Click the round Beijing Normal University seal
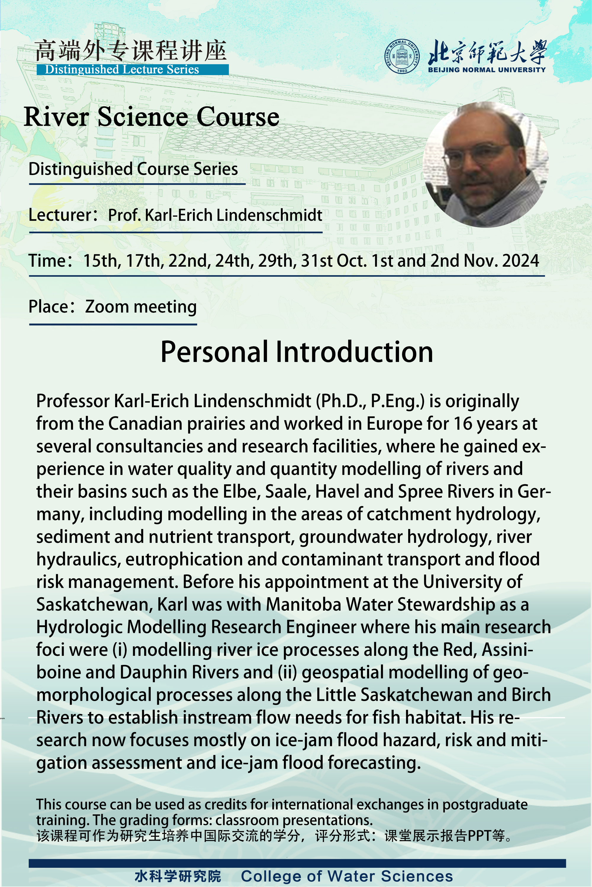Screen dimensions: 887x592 pos(402,56)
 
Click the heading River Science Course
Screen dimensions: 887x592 pos(151,116)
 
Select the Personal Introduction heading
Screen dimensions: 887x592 pos(297,352)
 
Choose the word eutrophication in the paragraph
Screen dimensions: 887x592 pos(184,559)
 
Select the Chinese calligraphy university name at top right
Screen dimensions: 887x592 pos(487,52)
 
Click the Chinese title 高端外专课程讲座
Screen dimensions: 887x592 pos(131,51)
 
